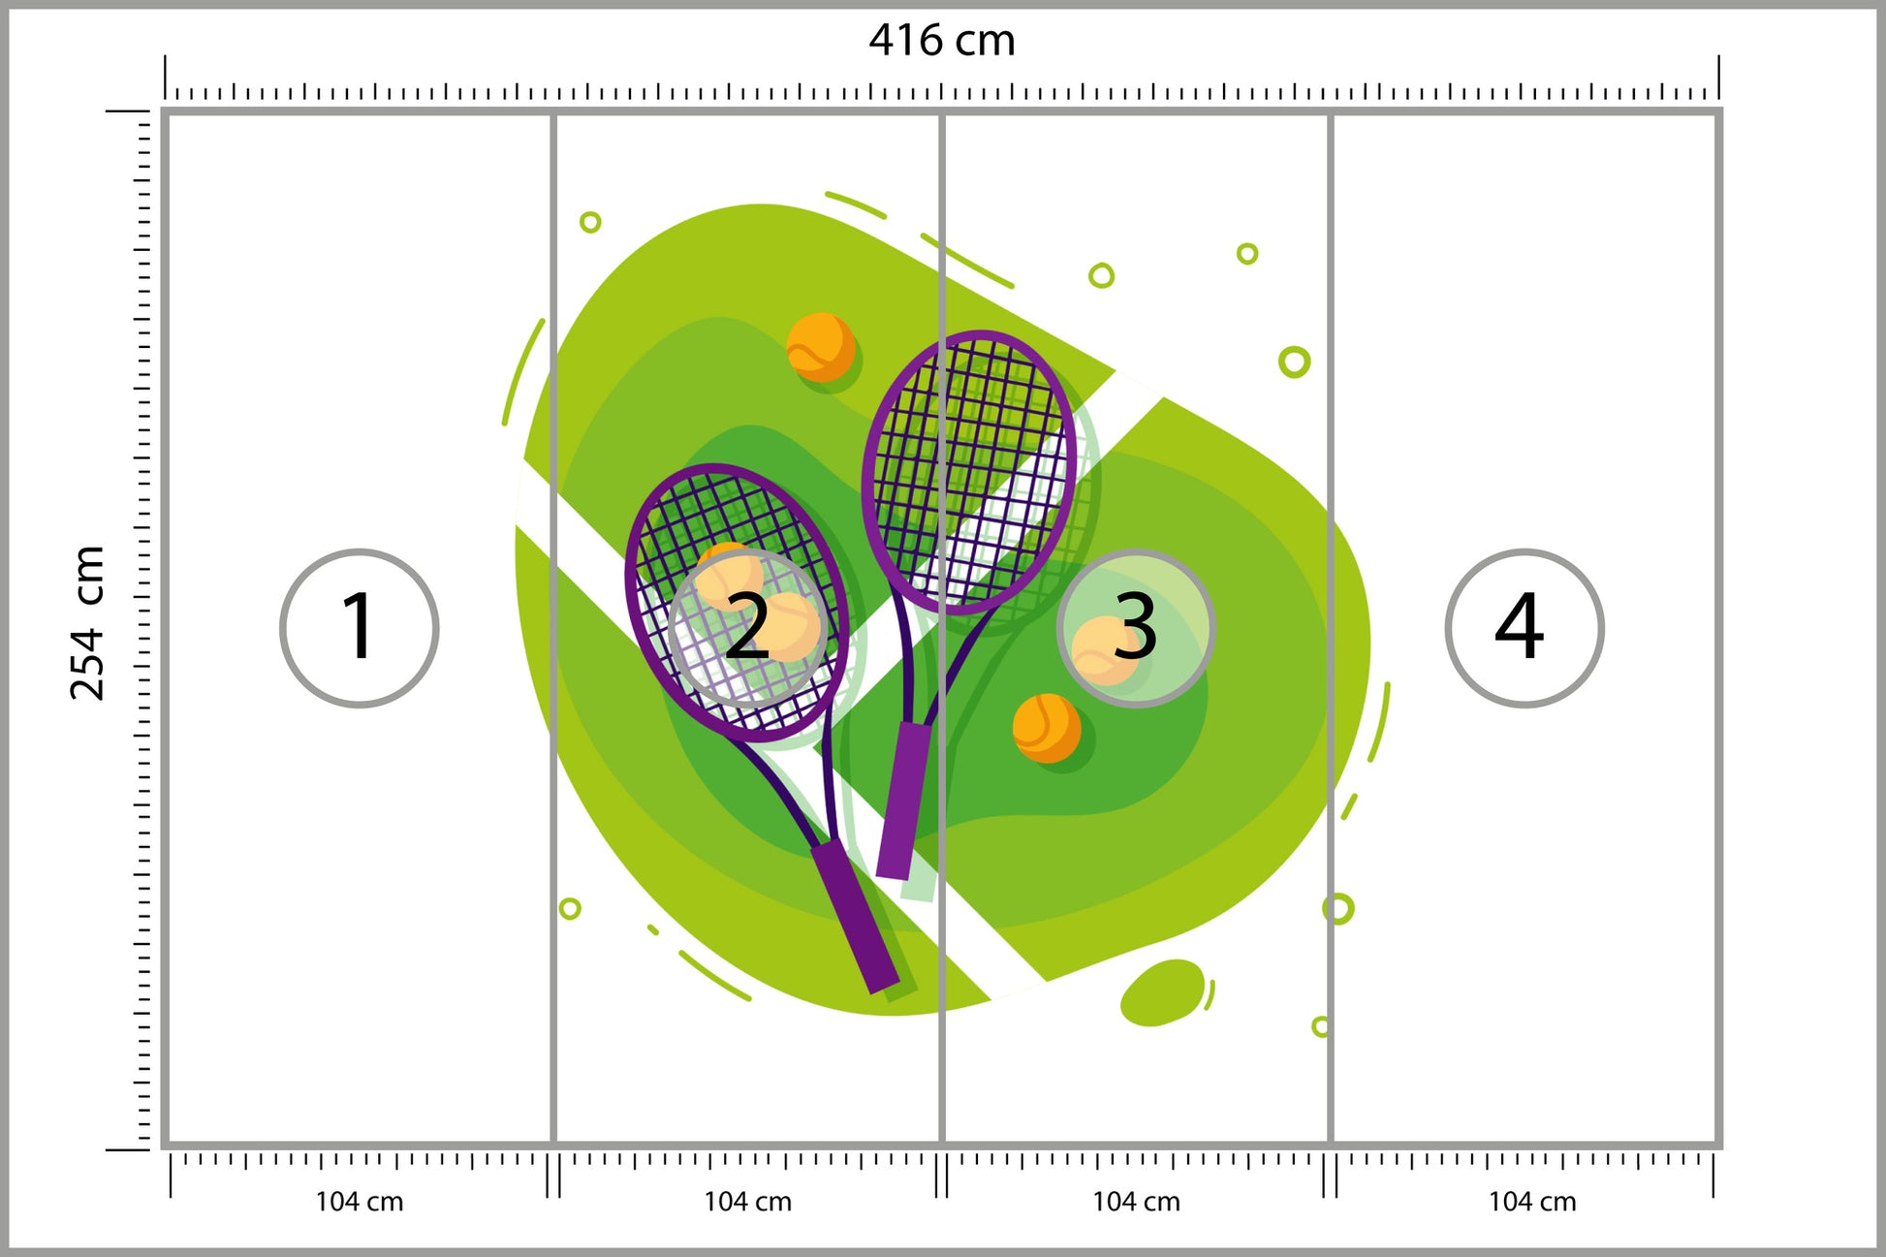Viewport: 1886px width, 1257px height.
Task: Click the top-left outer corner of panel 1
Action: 163,110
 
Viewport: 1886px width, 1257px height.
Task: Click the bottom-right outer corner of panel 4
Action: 1721,1147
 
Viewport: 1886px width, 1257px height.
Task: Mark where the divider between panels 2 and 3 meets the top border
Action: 942,113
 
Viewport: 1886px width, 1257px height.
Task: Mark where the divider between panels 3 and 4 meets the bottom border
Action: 1331,1145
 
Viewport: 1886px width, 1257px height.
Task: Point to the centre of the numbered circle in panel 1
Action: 360,628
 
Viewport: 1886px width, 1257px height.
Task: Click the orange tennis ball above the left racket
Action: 820,346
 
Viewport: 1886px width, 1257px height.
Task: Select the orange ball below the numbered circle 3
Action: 1046,728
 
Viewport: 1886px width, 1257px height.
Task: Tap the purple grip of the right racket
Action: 903,801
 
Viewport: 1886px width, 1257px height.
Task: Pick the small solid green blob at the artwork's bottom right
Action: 1163,992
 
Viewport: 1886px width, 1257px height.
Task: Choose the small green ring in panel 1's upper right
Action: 590,222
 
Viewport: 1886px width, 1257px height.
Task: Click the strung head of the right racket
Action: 969,472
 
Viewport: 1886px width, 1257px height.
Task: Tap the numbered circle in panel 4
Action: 1525,628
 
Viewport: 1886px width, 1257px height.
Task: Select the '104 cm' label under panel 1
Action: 360,1202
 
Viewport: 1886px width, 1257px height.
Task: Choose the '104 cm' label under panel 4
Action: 1532,1202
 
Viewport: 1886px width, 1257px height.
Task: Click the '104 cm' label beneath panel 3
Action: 1136,1202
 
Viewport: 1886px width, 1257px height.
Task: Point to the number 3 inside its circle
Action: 1135,626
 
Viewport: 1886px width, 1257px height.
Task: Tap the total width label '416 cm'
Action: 942,41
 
